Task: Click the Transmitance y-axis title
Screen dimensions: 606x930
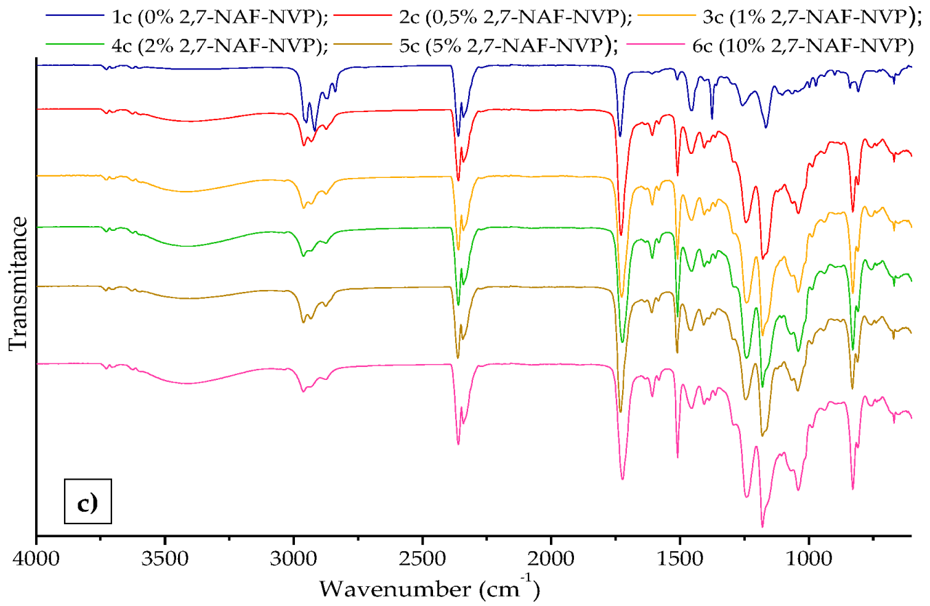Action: point(19,284)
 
